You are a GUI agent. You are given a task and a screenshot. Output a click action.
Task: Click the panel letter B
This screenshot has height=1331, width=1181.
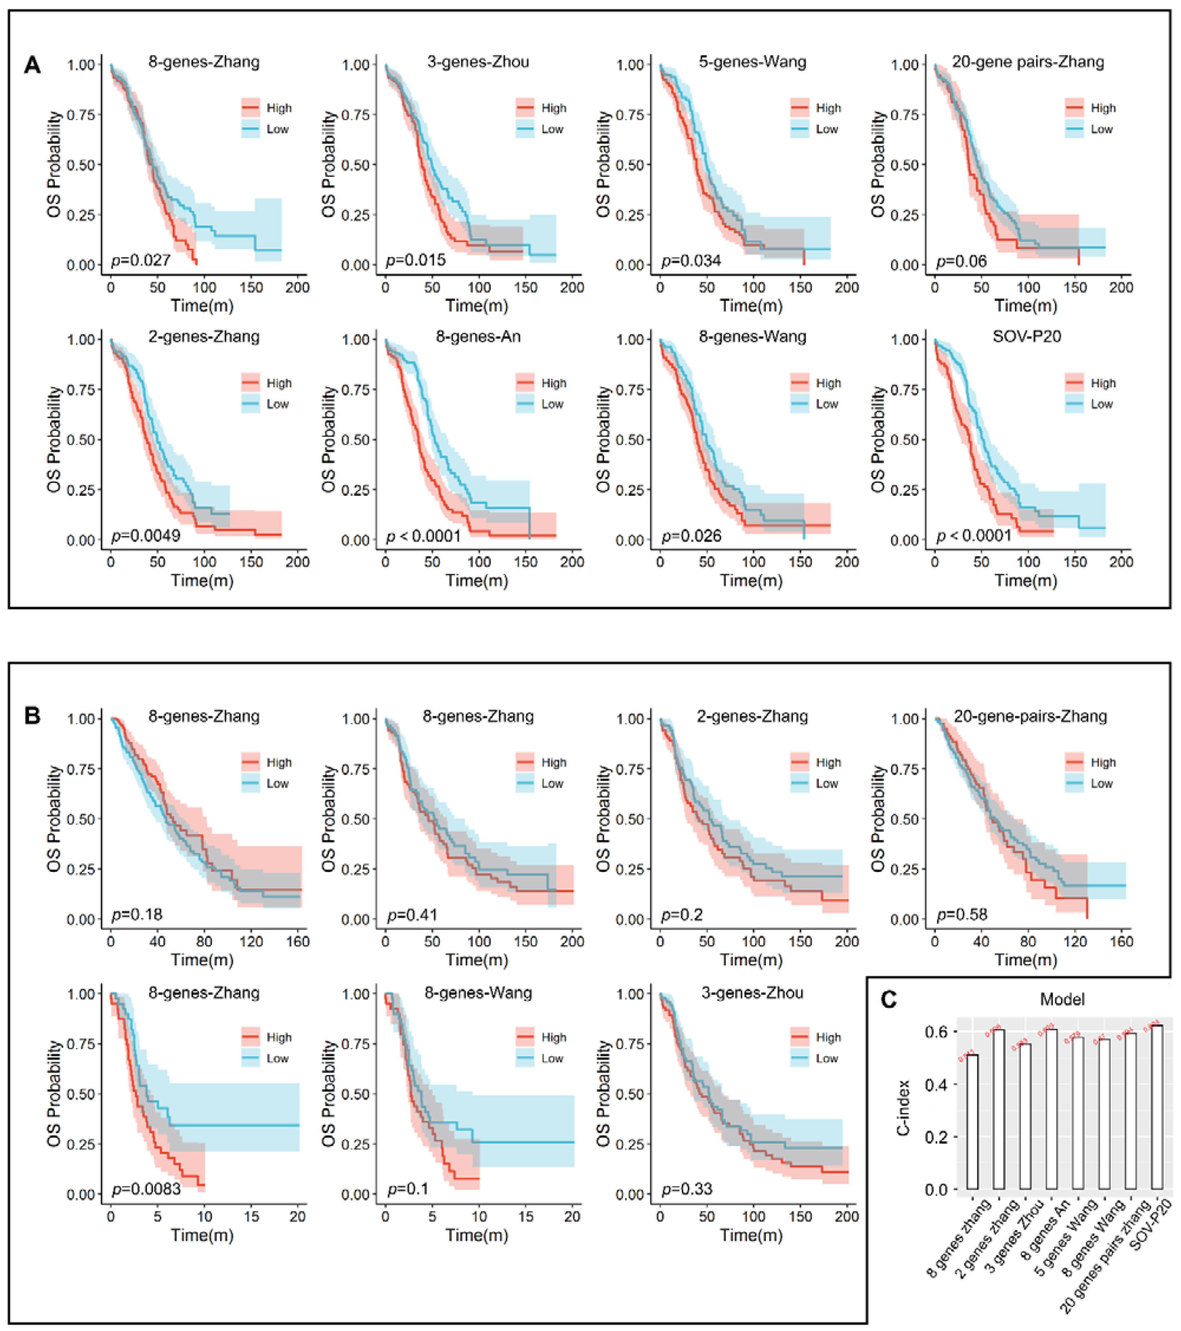[x=32, y=716]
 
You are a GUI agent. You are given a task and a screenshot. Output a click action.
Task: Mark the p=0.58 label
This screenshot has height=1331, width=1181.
[x=961, y=915]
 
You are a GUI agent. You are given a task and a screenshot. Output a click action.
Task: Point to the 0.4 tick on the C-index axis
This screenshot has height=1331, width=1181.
[x=938, y=1084]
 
